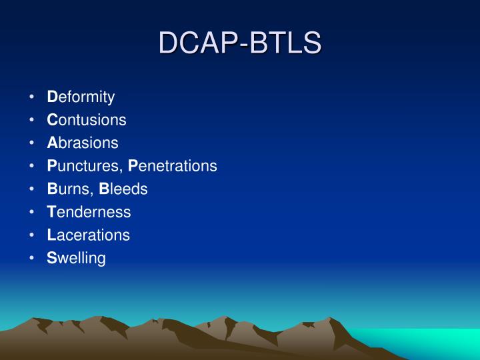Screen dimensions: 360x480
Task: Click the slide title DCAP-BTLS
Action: coord(240,43)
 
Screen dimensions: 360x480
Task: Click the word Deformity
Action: coord(81,97)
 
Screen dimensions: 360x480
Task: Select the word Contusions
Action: coord(86,120)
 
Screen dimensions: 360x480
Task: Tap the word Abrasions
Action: coord(83,143)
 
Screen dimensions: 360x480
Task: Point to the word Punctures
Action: coord(84,166)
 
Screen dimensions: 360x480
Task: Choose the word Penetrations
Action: coord(173,166)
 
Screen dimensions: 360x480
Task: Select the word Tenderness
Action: coord(89,212)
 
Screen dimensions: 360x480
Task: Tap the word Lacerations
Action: coord(88,235)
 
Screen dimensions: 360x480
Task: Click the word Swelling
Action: coord(76,258)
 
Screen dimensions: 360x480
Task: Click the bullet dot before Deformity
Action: coord(32,98)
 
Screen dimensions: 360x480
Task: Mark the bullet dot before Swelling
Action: coord(32,259)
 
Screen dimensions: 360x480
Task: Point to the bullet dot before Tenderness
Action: coord(32,213)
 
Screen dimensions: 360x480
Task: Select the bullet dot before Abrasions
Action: coord(32,143)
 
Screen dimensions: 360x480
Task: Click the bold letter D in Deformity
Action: coord(52,97)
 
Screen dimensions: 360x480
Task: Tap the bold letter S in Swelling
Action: coord(51,258)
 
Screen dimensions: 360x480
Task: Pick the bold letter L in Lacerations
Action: coord(51,235)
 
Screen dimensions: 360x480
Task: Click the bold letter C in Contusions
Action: coord(52,120)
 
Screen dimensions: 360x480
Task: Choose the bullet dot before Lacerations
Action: coord(32,235)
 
